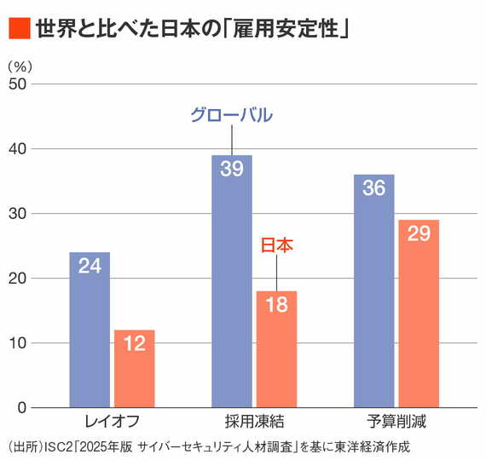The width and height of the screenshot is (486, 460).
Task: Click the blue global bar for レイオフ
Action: point(90,331)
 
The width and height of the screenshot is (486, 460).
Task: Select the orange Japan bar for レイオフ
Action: point(135,369)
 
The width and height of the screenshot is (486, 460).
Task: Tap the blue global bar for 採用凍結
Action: point(232,281)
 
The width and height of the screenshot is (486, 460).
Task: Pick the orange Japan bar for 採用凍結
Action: point(277,349)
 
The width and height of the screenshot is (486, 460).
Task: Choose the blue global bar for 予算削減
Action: point(374,291)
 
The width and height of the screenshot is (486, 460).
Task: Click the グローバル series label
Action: point(231,115)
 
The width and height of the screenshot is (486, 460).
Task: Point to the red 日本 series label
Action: point(276,245)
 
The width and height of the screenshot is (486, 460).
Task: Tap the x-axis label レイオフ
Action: point(112,421)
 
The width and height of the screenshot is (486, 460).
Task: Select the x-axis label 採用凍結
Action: point(254,421)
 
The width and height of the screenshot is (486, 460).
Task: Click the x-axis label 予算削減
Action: point(396,421)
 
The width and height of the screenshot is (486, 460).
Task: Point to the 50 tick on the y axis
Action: point(18,83)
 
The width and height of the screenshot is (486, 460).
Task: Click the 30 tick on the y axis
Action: point(18,213)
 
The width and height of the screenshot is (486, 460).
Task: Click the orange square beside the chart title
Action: point(19,29)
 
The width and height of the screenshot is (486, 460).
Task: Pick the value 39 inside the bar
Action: point(232,169)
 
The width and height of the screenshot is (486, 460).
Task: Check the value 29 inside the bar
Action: point(419,233)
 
